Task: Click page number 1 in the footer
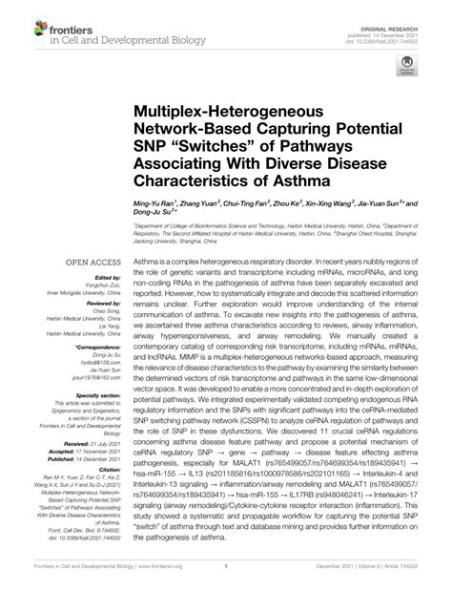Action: [x=226, y=579]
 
